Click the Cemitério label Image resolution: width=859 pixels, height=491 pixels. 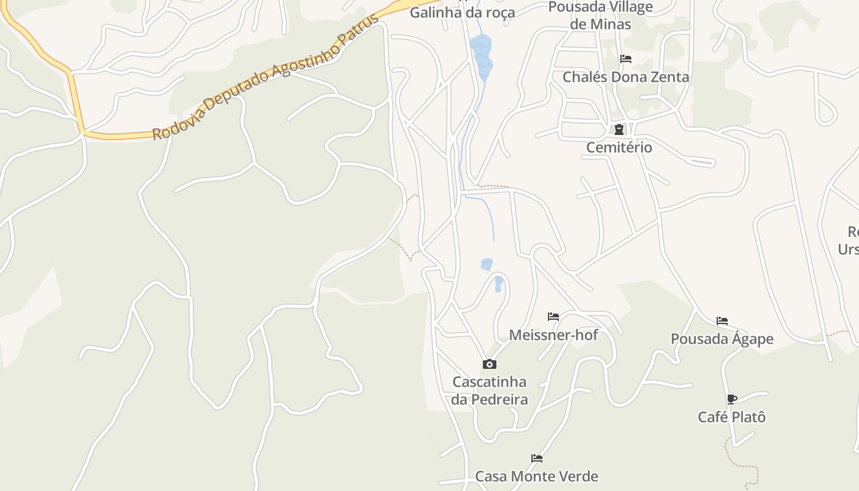618,147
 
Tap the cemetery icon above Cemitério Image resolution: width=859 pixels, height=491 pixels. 618,130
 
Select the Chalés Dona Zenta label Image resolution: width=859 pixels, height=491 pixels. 626,77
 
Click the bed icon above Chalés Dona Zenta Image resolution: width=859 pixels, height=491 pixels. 626,59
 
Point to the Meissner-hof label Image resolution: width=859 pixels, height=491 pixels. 553,334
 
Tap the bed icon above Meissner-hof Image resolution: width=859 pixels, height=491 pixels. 553,317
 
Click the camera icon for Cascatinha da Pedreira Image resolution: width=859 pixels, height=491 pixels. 489,364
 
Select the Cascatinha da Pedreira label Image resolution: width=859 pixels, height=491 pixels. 489,390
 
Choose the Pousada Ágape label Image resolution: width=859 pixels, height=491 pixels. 722,339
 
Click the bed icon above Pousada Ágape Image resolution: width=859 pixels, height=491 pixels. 722,321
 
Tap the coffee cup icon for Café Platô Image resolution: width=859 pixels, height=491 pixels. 731,399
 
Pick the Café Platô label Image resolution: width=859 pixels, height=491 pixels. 731,417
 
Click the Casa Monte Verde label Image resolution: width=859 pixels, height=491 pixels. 536,476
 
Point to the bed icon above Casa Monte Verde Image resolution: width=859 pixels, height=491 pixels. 537,458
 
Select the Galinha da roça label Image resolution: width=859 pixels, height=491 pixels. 462,12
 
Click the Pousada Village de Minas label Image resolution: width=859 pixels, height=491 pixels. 601,15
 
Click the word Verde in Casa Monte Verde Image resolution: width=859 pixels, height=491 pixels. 577,476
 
